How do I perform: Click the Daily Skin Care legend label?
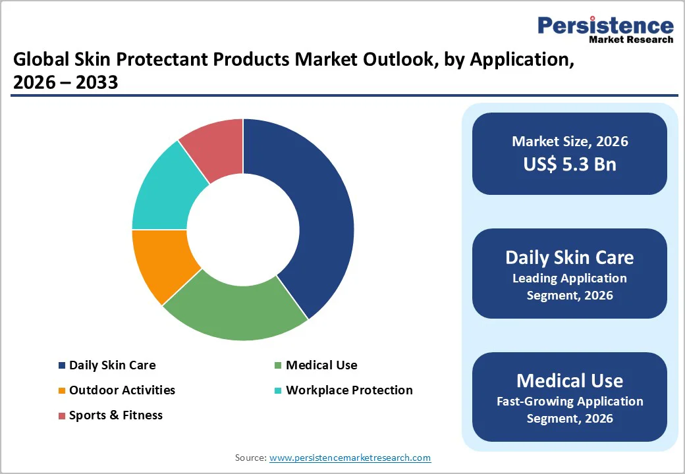(x=112, y=365)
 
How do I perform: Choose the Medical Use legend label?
(x=321, y=365)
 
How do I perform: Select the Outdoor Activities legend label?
(x=122, y=390)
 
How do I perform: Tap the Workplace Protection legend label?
(x=349, y=390)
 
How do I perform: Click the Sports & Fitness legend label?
(x=115, y=415)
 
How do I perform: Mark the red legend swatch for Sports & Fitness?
(x=62, y=415)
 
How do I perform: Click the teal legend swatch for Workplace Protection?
(x=279, y=390)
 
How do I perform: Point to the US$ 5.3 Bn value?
(x=570, y=164)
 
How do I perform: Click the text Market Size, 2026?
(x=570, y=142)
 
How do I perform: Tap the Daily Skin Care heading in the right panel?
(x=570, y=257)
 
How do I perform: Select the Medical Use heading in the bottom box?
(x=570, y=381)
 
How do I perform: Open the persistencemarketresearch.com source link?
(x=350, y=458)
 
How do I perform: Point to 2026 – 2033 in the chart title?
(x=66, y=82)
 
